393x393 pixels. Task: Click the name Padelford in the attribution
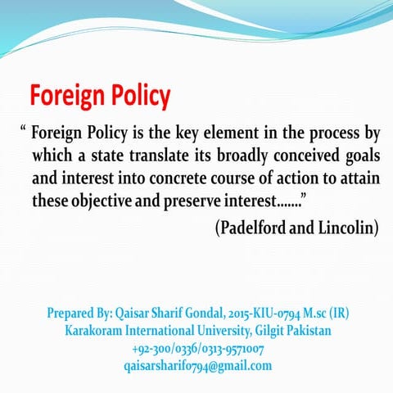click(x=257, y=228)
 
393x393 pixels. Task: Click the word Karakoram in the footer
click(x=99, y=331)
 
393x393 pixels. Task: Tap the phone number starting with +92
click(x=197, y=348)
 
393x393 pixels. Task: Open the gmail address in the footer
click(x=197, y=365)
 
